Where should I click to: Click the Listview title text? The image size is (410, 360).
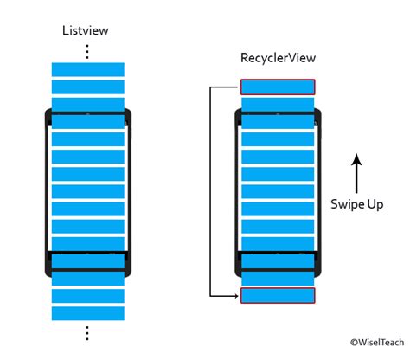click(x=86, y=31)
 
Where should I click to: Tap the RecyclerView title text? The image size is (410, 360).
click(x=277, y=59)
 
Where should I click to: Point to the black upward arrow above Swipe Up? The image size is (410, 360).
click(x=357, y=171)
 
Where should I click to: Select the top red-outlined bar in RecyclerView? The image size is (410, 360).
click(x=278, y=87)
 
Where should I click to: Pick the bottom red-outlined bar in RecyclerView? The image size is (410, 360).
click(x=278, y=296)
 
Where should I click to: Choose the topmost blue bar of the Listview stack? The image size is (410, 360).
click(x=88, y=69)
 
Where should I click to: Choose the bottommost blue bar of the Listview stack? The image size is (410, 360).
click(x=88, y=313)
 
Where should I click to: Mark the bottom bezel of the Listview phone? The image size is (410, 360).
click(x=88, y=261)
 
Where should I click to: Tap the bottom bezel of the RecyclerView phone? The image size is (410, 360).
click(x=278, y=262)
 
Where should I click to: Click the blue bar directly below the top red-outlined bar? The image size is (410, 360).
click(x=278, y=105)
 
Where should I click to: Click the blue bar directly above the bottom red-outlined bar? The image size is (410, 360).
click(x=278, y=279)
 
